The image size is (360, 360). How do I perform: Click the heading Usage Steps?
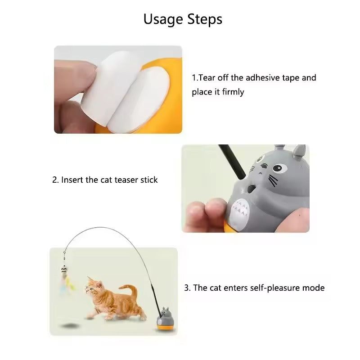(183, 19)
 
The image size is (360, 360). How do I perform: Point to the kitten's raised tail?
(130, 291)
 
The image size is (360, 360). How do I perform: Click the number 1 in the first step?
(193, 77)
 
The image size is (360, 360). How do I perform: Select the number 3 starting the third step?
(186, 288)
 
